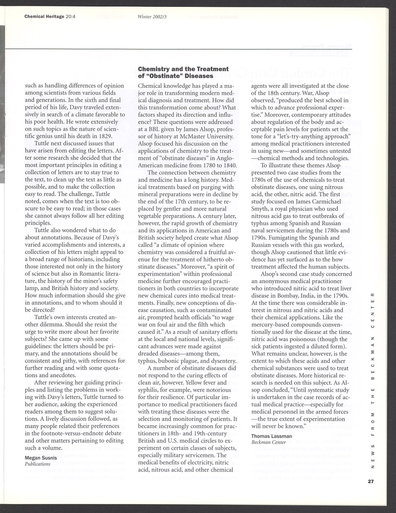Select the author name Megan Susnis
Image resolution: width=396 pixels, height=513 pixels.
[x=40, y=458]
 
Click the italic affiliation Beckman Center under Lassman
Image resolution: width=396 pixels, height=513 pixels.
[x=269, y=442]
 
